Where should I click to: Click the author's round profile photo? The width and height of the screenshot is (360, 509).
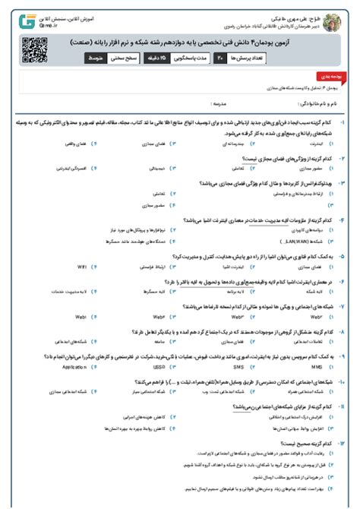click(331, 18)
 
